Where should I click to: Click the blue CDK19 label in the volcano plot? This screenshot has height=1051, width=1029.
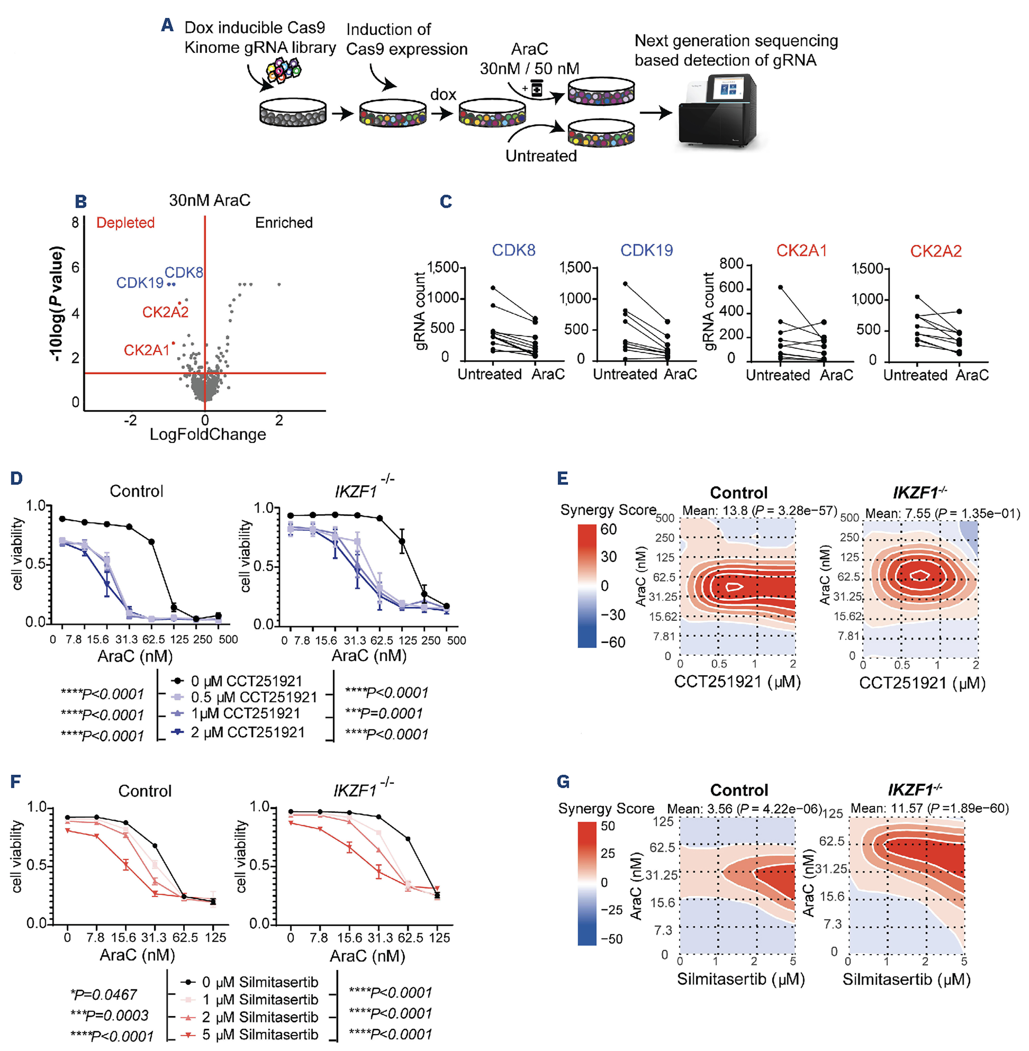pyautogui.click(x=140, y=283)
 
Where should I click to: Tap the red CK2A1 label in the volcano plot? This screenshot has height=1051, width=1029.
pyautogui.click(x=146, y=350)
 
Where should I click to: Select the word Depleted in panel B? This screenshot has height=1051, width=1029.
pyautogui.click(x=125, y=222)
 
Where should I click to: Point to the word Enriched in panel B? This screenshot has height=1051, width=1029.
pyautogui.click(x=284, y=222)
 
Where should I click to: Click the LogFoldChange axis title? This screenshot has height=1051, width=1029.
pyautogui.click(x=208, y=434)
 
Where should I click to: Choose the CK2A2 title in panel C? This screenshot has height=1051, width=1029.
pyautogui.click(x=935, y=251)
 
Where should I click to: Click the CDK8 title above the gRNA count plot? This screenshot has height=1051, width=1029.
pyautogui.click(x=514, y=250)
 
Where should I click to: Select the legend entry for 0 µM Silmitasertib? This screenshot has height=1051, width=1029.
pyautogui.click(x=259, y=982)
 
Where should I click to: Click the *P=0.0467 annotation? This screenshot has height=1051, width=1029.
pyautogui.click(x=103, y=994)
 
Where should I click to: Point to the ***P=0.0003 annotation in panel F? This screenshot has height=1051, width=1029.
pyautogui.click(x=109, y=1015)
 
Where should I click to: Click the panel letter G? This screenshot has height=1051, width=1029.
pyautogui.click(x=563, y=781)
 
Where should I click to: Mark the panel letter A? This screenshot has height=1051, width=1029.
pyautogui.click(x=167, y=25)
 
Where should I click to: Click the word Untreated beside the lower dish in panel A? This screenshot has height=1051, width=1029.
pyautogui.click(x=541, y=156)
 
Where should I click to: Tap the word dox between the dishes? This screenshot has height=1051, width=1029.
pyautogui.click(x=443, y=94)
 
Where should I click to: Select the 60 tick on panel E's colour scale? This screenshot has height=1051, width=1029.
pyautogui.click(x=608, y=530)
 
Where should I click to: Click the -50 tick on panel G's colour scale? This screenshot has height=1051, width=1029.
pyautogui.click(x=612, y=939)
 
